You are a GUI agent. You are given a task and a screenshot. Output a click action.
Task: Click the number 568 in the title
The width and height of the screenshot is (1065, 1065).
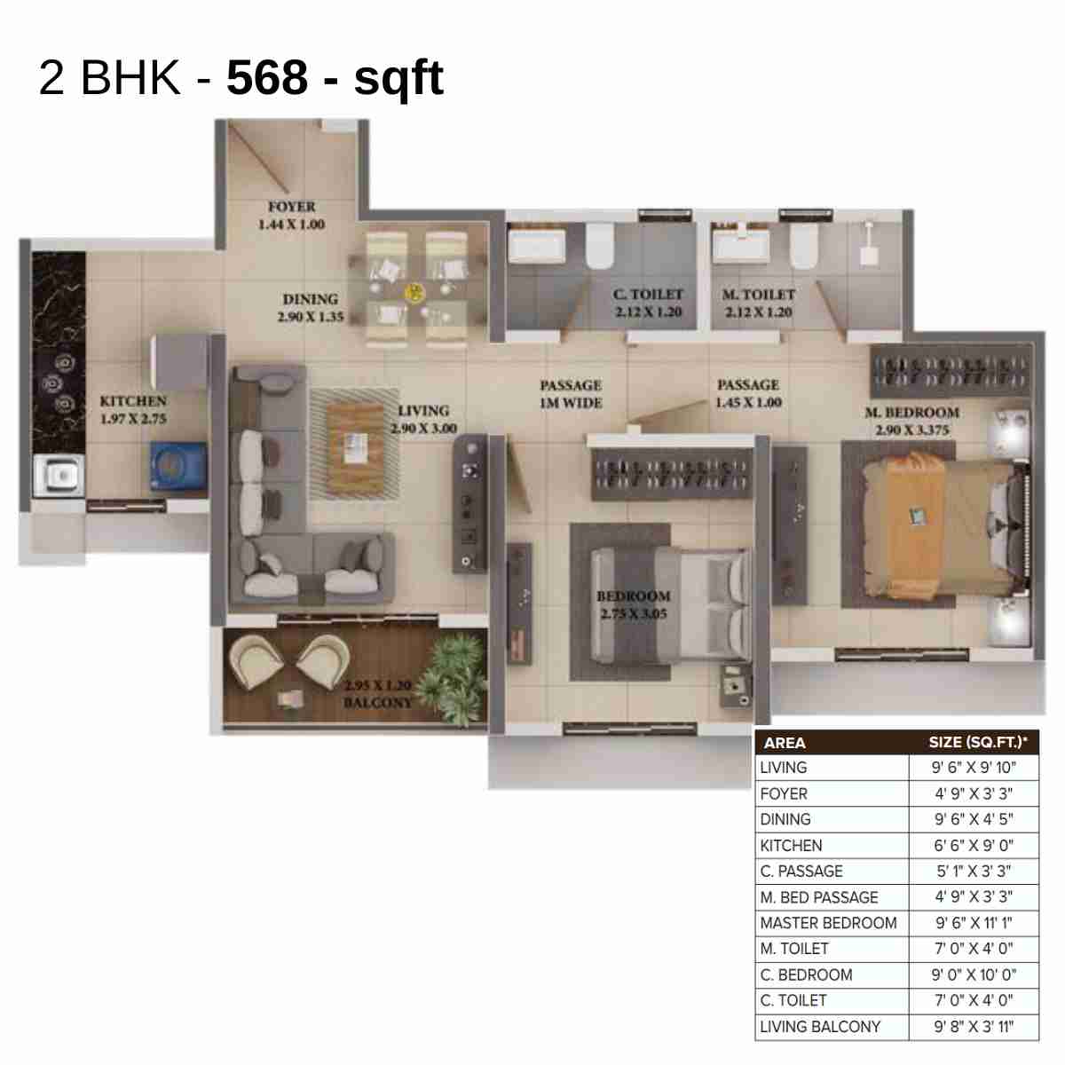(x=266, y=77)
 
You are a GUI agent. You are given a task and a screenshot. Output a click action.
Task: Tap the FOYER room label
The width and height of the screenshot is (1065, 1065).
(x=292, y=207)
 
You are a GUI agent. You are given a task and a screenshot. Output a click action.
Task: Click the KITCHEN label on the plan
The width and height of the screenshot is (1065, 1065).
(x=133, y=401)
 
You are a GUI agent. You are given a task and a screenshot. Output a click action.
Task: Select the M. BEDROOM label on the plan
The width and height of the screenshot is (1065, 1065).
(x=912, y=413)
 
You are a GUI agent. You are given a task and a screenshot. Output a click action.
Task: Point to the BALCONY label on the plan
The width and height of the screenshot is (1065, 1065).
(x=378, y=702)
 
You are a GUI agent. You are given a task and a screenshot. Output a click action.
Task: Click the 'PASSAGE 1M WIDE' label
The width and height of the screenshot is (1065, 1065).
(x=571, y=394)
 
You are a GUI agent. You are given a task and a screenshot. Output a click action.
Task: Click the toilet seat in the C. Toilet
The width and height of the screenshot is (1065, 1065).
(x=600, y=244)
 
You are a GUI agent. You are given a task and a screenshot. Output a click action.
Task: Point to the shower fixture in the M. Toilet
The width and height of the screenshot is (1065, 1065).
(x=867, y=240)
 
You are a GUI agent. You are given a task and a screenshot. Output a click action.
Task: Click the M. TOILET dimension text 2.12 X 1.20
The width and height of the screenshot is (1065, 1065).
(x=758, y=312)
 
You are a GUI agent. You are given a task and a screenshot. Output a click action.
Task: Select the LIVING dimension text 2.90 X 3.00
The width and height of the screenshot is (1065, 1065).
(x=423, y=429)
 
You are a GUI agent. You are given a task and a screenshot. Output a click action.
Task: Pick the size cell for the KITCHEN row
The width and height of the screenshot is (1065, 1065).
(x=973, y=846)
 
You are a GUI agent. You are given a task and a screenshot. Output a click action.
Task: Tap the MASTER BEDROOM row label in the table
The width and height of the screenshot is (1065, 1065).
(x=828, y=923)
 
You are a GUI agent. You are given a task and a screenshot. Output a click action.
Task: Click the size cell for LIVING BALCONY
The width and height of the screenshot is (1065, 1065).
(x=973, y=1027)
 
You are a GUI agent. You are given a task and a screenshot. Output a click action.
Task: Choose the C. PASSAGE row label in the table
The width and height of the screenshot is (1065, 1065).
(x=801, y=872)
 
